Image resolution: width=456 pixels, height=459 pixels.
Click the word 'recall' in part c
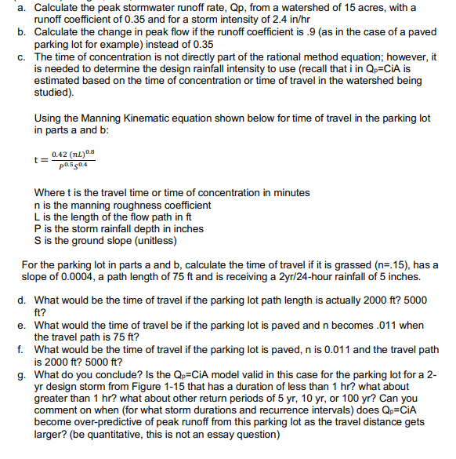tap(318, 68)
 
